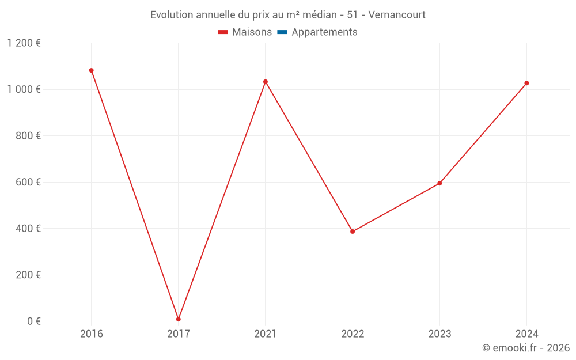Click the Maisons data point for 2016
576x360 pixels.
(x=91, y=70)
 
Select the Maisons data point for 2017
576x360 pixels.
(x=179, y=319)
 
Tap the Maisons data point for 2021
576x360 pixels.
(x=266, y=82)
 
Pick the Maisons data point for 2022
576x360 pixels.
(x=353, y=232)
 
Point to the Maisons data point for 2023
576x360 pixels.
(x=439, y=183)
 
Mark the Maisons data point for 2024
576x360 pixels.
(x=526, y=83)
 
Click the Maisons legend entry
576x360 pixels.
(x=245, y=32)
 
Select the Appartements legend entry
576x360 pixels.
(x=317, y=32)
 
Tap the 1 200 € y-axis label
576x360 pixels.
(x=24, y=43)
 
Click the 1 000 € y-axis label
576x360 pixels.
(x=24, y=89)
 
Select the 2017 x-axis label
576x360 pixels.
(x=179, y=334)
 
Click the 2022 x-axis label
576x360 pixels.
(x=353, y=334)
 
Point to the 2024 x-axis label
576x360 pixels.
(x=526, y=334)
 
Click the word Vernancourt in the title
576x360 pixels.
(x=397, y=15)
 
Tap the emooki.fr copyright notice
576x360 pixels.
(x=526, y=348)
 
